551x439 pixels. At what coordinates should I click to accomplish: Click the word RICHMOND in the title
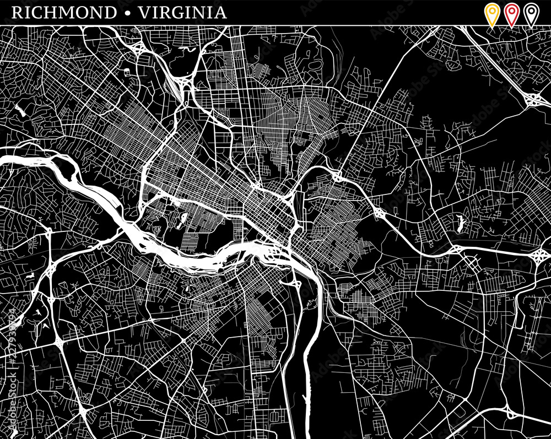point(63,13)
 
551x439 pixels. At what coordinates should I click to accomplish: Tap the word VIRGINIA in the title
point(182,13)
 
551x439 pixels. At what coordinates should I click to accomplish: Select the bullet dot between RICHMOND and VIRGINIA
point(128,13)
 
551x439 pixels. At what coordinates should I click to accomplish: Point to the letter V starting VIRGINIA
point(145,13)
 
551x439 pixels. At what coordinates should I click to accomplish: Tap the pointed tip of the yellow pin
point(491,25)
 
